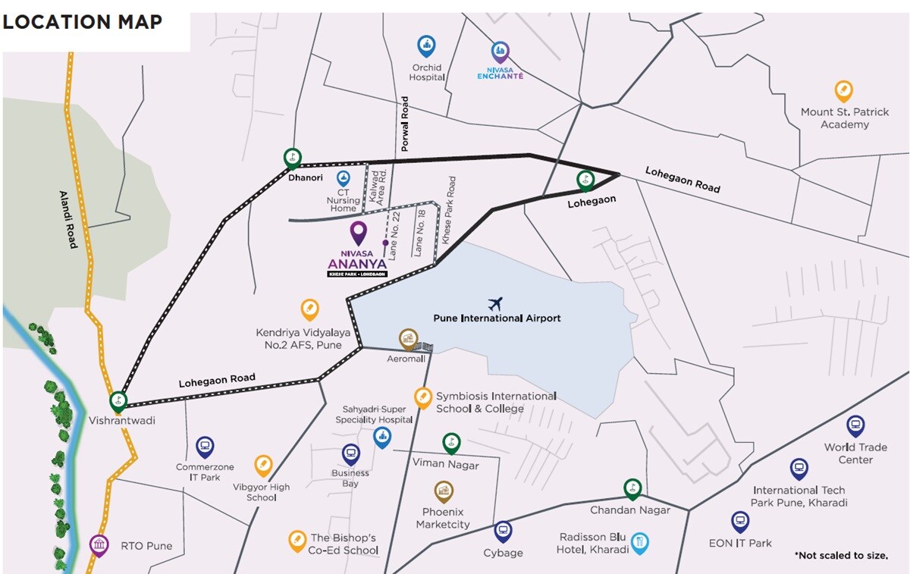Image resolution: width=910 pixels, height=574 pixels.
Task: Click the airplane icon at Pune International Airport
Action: pyautogui.click(x=496, y=304)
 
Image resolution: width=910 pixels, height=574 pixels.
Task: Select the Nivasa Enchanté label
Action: pyautogui.click(x=500, y=74)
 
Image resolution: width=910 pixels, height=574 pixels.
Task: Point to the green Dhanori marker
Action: pyautogui.click(x=292, y=158)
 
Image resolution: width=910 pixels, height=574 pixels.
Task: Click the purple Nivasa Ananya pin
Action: pyautogui.click(x=357, y=232)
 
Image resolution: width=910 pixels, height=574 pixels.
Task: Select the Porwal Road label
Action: pyautogui.click(x=405, y=124)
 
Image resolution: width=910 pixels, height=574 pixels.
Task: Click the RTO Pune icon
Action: pyautogui.click(x=99, y=544)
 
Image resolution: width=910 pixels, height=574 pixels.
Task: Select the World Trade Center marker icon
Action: pyautogui.click(x=855, y=425)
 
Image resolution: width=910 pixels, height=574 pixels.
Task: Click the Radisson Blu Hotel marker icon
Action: pyautogui.click(x=640, y=542)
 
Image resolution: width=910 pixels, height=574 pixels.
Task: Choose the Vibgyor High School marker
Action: pyautogui.click(x=262, y=465)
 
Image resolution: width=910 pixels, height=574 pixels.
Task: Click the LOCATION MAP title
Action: pyautogui.click(x=82, y=22)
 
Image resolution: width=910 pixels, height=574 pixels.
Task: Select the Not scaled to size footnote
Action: pyautogui.click(x=841, y=556)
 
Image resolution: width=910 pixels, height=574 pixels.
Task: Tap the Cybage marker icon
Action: pyautogui.click(x=503, y=532)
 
